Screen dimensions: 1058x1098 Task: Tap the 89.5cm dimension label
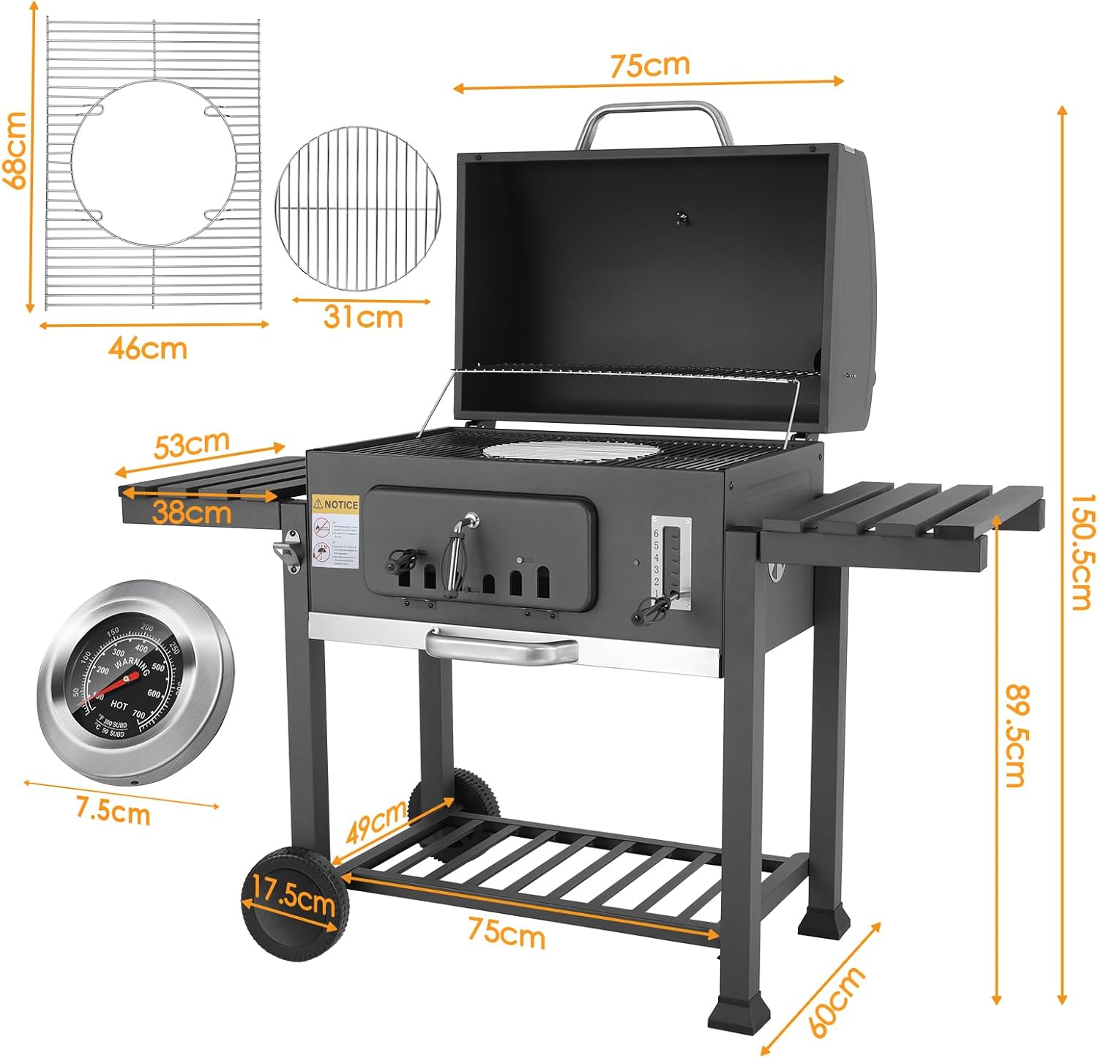point(1015,735)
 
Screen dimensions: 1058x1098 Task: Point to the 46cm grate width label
point(148,348)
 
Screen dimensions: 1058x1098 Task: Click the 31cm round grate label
point(363,318)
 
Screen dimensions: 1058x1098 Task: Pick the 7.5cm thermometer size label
point(113,811)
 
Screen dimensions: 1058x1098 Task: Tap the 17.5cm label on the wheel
point(294,898)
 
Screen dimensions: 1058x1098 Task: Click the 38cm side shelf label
point(192,512)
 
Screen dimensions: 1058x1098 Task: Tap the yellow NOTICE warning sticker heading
point(336,504)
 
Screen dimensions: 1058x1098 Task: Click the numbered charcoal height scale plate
point(671,562)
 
